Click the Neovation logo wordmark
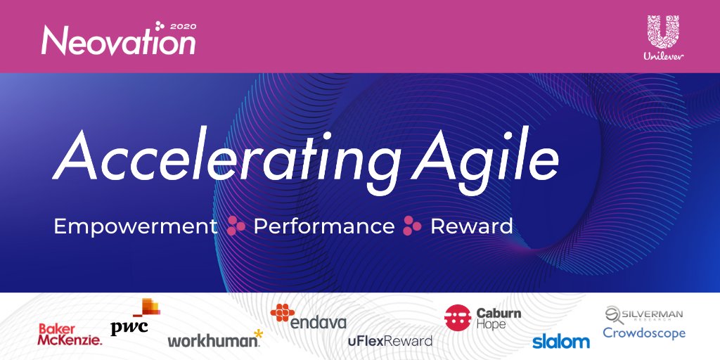(x=118, y=41)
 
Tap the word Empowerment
(x=136, y=226)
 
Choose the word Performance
(x=323, y=226)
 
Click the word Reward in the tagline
(x=471, y=226)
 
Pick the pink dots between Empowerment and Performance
(x=236, y=226)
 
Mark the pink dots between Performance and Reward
(x=412, y=226)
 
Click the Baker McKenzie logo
(x=70, y=334)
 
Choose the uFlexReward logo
(x=390, y=341)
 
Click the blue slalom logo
(x=561, y=342)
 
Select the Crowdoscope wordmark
(x=644, y=333)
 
